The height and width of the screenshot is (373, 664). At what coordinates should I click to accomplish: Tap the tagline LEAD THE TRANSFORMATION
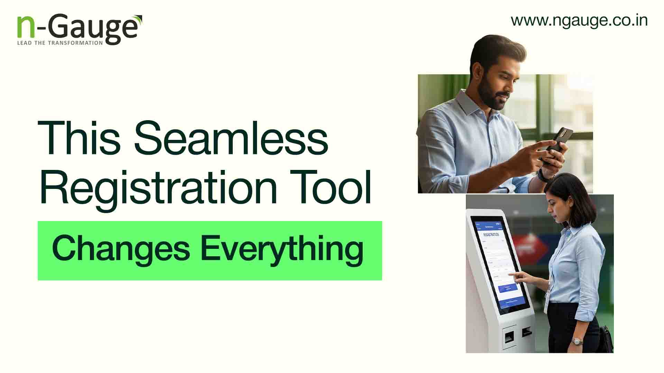[60, 43]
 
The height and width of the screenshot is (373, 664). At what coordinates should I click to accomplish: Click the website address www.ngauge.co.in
[579, 20]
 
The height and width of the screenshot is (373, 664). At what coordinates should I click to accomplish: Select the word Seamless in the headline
[231, 138]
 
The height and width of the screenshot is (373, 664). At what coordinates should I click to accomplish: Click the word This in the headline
[79, 138]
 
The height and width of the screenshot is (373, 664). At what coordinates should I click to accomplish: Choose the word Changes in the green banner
[121, 249]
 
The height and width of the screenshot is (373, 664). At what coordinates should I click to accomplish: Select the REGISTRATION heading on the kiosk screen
[491, 235]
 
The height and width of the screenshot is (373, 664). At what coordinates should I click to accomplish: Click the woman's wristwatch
[577, 341]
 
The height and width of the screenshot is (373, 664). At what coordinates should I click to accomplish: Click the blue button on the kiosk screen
[508, 288]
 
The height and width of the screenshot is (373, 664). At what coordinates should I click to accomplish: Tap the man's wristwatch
[543, 175]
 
